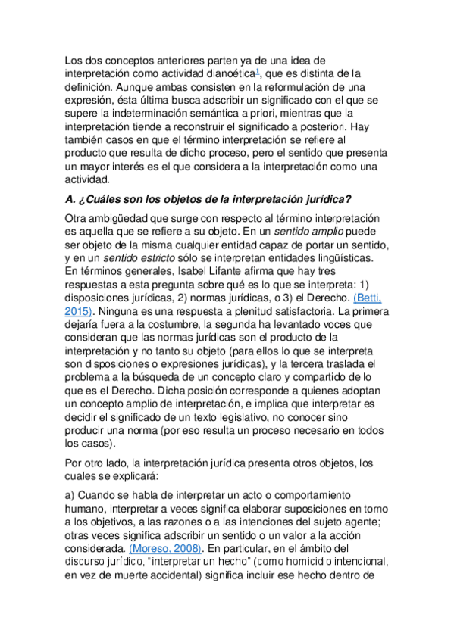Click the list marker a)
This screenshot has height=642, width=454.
(x=71, y=494)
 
